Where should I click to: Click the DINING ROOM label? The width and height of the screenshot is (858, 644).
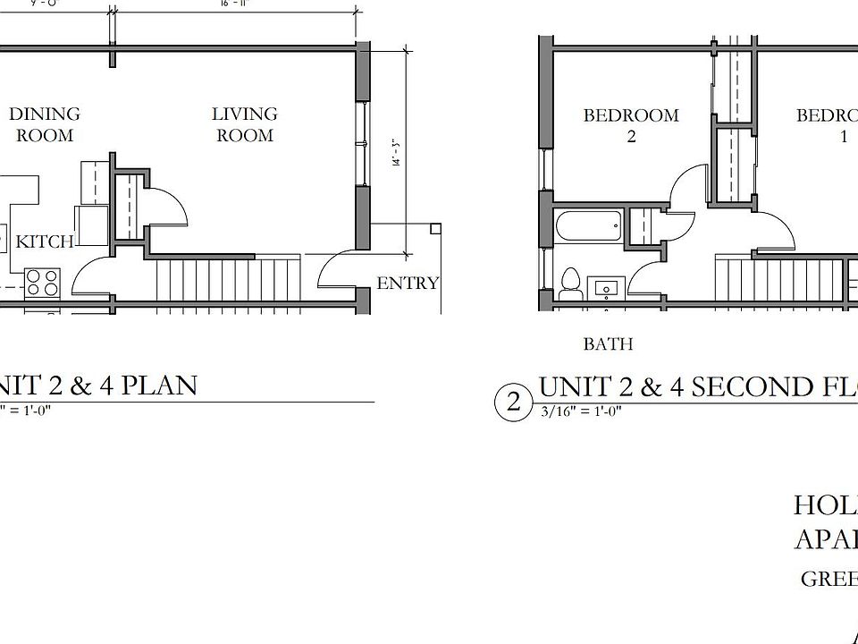click(45, 124)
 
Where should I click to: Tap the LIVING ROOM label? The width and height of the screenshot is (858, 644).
click(244, 124)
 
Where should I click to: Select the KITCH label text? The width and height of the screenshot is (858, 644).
click(45, 241)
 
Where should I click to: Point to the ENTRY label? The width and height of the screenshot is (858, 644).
click(408, 284)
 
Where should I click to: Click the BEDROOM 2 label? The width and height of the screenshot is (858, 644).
click(631, 125)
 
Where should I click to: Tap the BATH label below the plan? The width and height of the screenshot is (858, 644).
click(608, 343)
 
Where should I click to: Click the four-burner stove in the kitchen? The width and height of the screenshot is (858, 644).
click(41, 283)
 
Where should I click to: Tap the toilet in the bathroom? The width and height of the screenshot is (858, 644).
click(569, 283)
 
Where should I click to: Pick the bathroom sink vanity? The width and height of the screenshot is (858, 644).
click(608, 288)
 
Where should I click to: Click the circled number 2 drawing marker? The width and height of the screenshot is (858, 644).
click(513, 402)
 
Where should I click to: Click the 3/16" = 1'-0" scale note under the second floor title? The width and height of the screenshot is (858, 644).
click(580, 411)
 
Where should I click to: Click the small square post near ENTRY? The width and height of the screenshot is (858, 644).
click(435, 229)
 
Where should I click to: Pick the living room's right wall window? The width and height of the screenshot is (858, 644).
click(363, 142)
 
